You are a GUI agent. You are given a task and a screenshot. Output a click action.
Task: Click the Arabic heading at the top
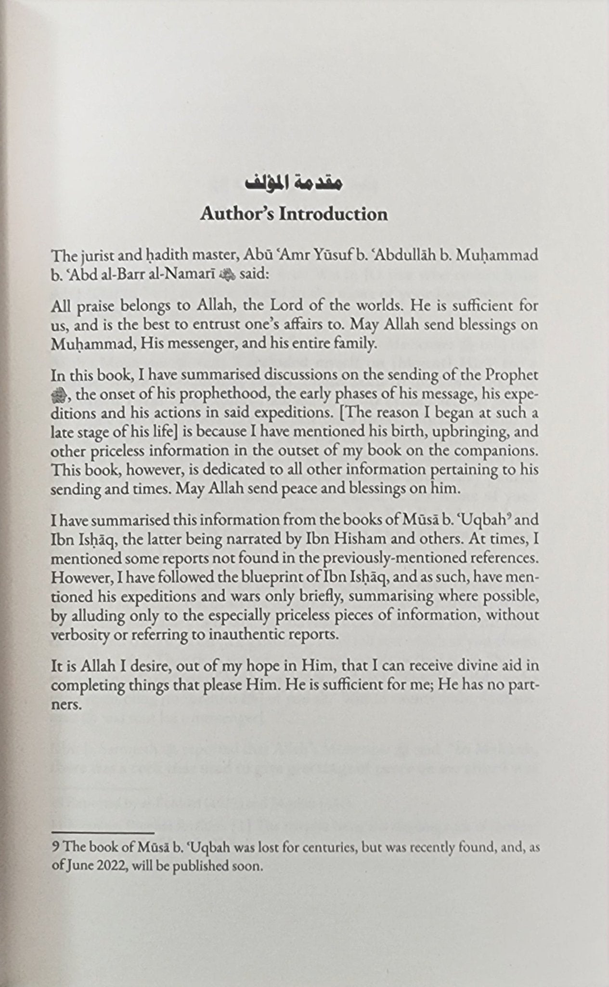[x=294, y=184]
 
